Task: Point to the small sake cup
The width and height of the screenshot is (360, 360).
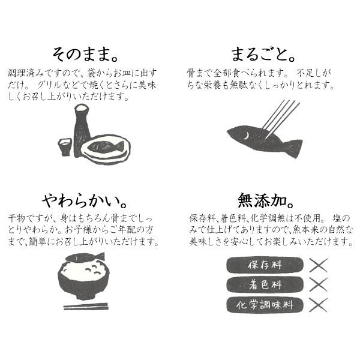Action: [x=64, y=146]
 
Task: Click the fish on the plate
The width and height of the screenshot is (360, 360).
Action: [x=106, y=146]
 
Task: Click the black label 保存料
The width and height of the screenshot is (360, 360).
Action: [x=265, y=265]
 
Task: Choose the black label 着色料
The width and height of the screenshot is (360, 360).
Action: [x=265, y=284]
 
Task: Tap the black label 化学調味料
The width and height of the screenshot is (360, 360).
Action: [x=265, y=304]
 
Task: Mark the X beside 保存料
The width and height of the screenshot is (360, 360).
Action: [x=318, y=265]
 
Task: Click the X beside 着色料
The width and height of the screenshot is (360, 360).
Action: [x=318, y=284]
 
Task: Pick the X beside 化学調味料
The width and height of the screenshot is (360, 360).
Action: [x=318, y=304]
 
